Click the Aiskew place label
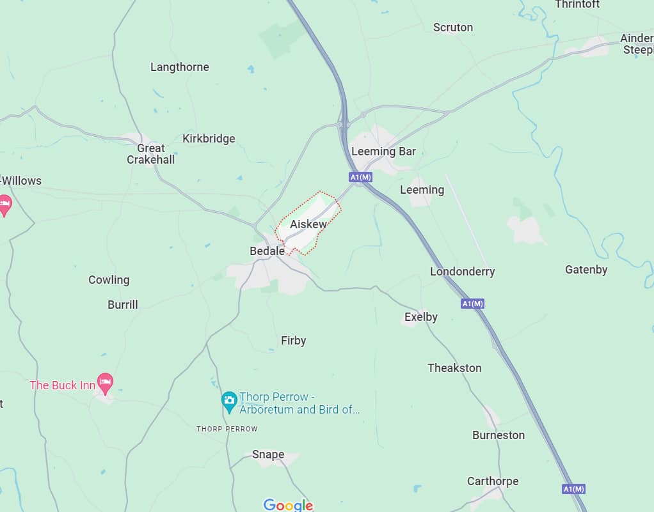tap(308, 224)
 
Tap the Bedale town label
tap(267, 251)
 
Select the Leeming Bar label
tap(383, 151)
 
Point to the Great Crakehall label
tap(150, 154)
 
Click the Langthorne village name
tap(179, 67)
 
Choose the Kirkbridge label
tap(209, 139)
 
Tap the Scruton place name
tap(452, 27)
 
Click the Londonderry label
tap(462, 272)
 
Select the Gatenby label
tap(586, 270)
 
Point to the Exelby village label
tap(420, 317)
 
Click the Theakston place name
tap(454, 368)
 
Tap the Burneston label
tap(498, 435)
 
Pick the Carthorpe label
tap(492, 481)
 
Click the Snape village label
tap(267, 454)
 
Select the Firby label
tap(293, 341)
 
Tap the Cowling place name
tap(109, 280)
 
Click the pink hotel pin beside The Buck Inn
tap(105, 383)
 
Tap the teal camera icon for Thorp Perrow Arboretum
tap(229, 401)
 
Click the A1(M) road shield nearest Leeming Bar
tap(360, 177)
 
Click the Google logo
tap(288, 505)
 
